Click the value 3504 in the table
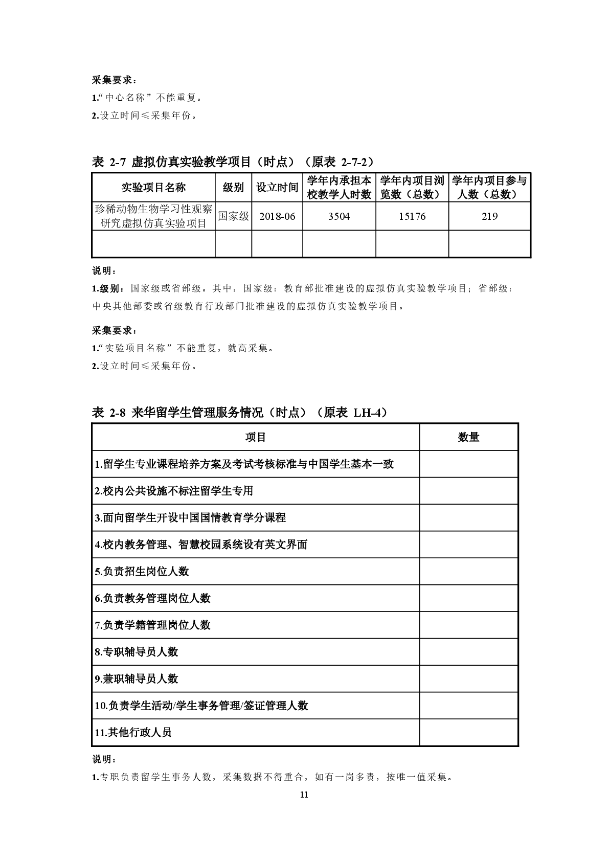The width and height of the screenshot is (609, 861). [339, 216]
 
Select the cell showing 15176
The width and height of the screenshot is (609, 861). [412, 216]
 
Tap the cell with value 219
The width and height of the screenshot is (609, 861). [489, 216]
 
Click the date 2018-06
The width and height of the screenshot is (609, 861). [277, 216]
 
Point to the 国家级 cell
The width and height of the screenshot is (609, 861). [233, 216]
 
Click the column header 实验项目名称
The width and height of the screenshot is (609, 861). [153, 187]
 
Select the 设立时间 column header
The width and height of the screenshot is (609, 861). [277, 187]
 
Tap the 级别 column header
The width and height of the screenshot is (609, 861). [233, 187]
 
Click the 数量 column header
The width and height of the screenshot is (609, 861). [468, 437]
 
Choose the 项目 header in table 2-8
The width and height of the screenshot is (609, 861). [256, 437]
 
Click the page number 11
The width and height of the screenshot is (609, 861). [304, 795]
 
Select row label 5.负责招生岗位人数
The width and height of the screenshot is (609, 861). [142, 571]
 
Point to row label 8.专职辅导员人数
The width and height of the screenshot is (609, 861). [137, 652]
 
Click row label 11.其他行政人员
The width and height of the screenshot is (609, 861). [133, 732]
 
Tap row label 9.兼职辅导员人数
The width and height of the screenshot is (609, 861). [137, 678]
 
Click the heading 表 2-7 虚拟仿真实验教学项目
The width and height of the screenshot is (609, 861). [233, 162]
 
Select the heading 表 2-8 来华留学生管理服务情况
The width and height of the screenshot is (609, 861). [239, 413]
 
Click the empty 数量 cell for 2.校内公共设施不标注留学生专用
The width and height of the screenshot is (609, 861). [468, 491]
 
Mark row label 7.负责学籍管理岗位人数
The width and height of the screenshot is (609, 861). [153, 625]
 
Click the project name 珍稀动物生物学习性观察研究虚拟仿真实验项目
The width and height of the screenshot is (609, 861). [153, 216]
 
